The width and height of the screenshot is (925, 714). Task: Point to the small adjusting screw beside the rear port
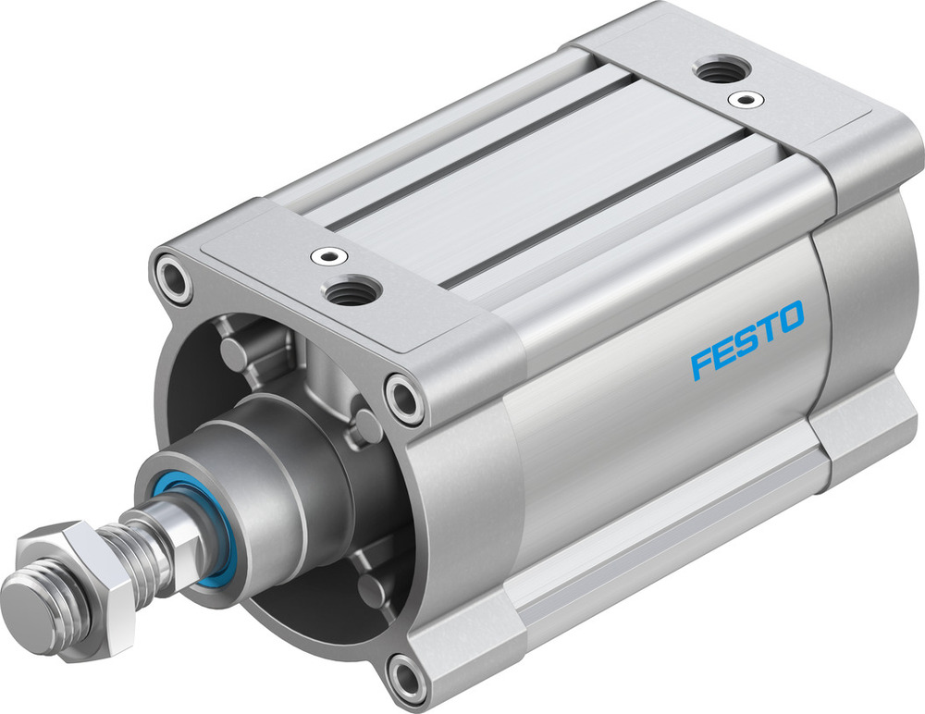(741, 97)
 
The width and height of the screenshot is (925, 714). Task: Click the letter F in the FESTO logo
(703, 363)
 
